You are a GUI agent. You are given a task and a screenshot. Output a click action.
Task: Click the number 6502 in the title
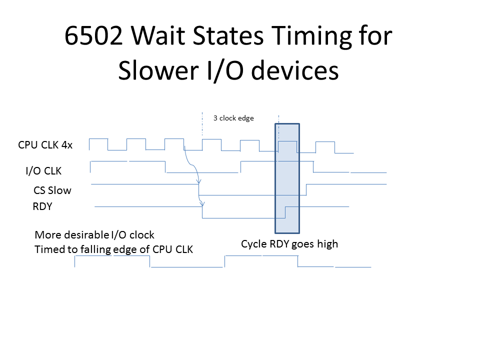click(x=93, y=35)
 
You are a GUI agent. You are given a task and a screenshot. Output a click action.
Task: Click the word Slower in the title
click(x=158, y=70)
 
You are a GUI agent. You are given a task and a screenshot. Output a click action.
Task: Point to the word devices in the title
click(x=295, y=70)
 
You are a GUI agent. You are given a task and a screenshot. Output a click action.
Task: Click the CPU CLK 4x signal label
click(x=45, y=145)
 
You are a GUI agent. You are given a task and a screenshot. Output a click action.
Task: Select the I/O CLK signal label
click(x=43, y=171)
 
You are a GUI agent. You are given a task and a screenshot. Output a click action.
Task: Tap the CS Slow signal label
click(x=52, y=190)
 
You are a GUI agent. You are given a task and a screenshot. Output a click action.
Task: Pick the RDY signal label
click(x=42, y=206)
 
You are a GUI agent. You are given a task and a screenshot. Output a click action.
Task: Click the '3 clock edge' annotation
click(x=233, y=118)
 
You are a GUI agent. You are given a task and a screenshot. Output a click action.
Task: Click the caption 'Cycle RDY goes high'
click(x=289, y=244)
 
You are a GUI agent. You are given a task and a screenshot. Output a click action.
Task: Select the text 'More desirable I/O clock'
click(x=94, y=235)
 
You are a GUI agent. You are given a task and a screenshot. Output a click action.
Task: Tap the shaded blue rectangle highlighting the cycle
click(x=287, y=178)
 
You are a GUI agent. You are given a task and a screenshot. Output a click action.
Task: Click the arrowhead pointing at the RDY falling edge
click(x=202, y=203)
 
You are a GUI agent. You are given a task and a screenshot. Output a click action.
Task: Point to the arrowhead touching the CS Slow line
click(x=199, y=181)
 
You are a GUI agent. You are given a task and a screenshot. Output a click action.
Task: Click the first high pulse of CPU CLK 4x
click(x=98, y=139)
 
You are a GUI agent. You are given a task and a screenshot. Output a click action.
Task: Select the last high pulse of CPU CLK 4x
click(x=325, y=142)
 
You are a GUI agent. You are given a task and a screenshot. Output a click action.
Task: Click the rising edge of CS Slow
click(x=306, y=190)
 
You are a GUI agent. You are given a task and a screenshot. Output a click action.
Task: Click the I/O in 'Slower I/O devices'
click(x=225, y=71)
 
